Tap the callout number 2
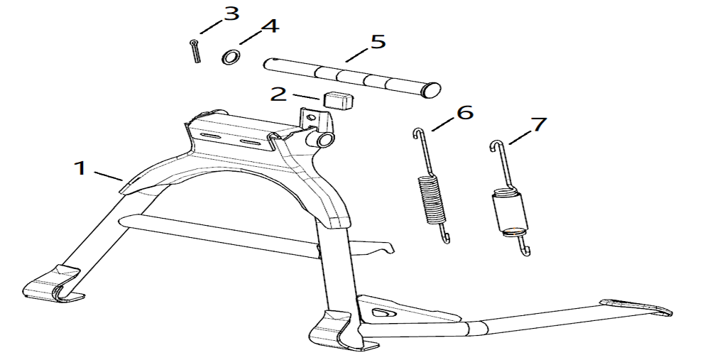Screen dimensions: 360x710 tap(278, 94)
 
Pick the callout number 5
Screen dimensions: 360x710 tap(377, 41)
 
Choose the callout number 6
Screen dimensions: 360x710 tap(464, 112)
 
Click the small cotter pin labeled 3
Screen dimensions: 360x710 tap(195, 51)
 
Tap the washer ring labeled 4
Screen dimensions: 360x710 tap(230, 56)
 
